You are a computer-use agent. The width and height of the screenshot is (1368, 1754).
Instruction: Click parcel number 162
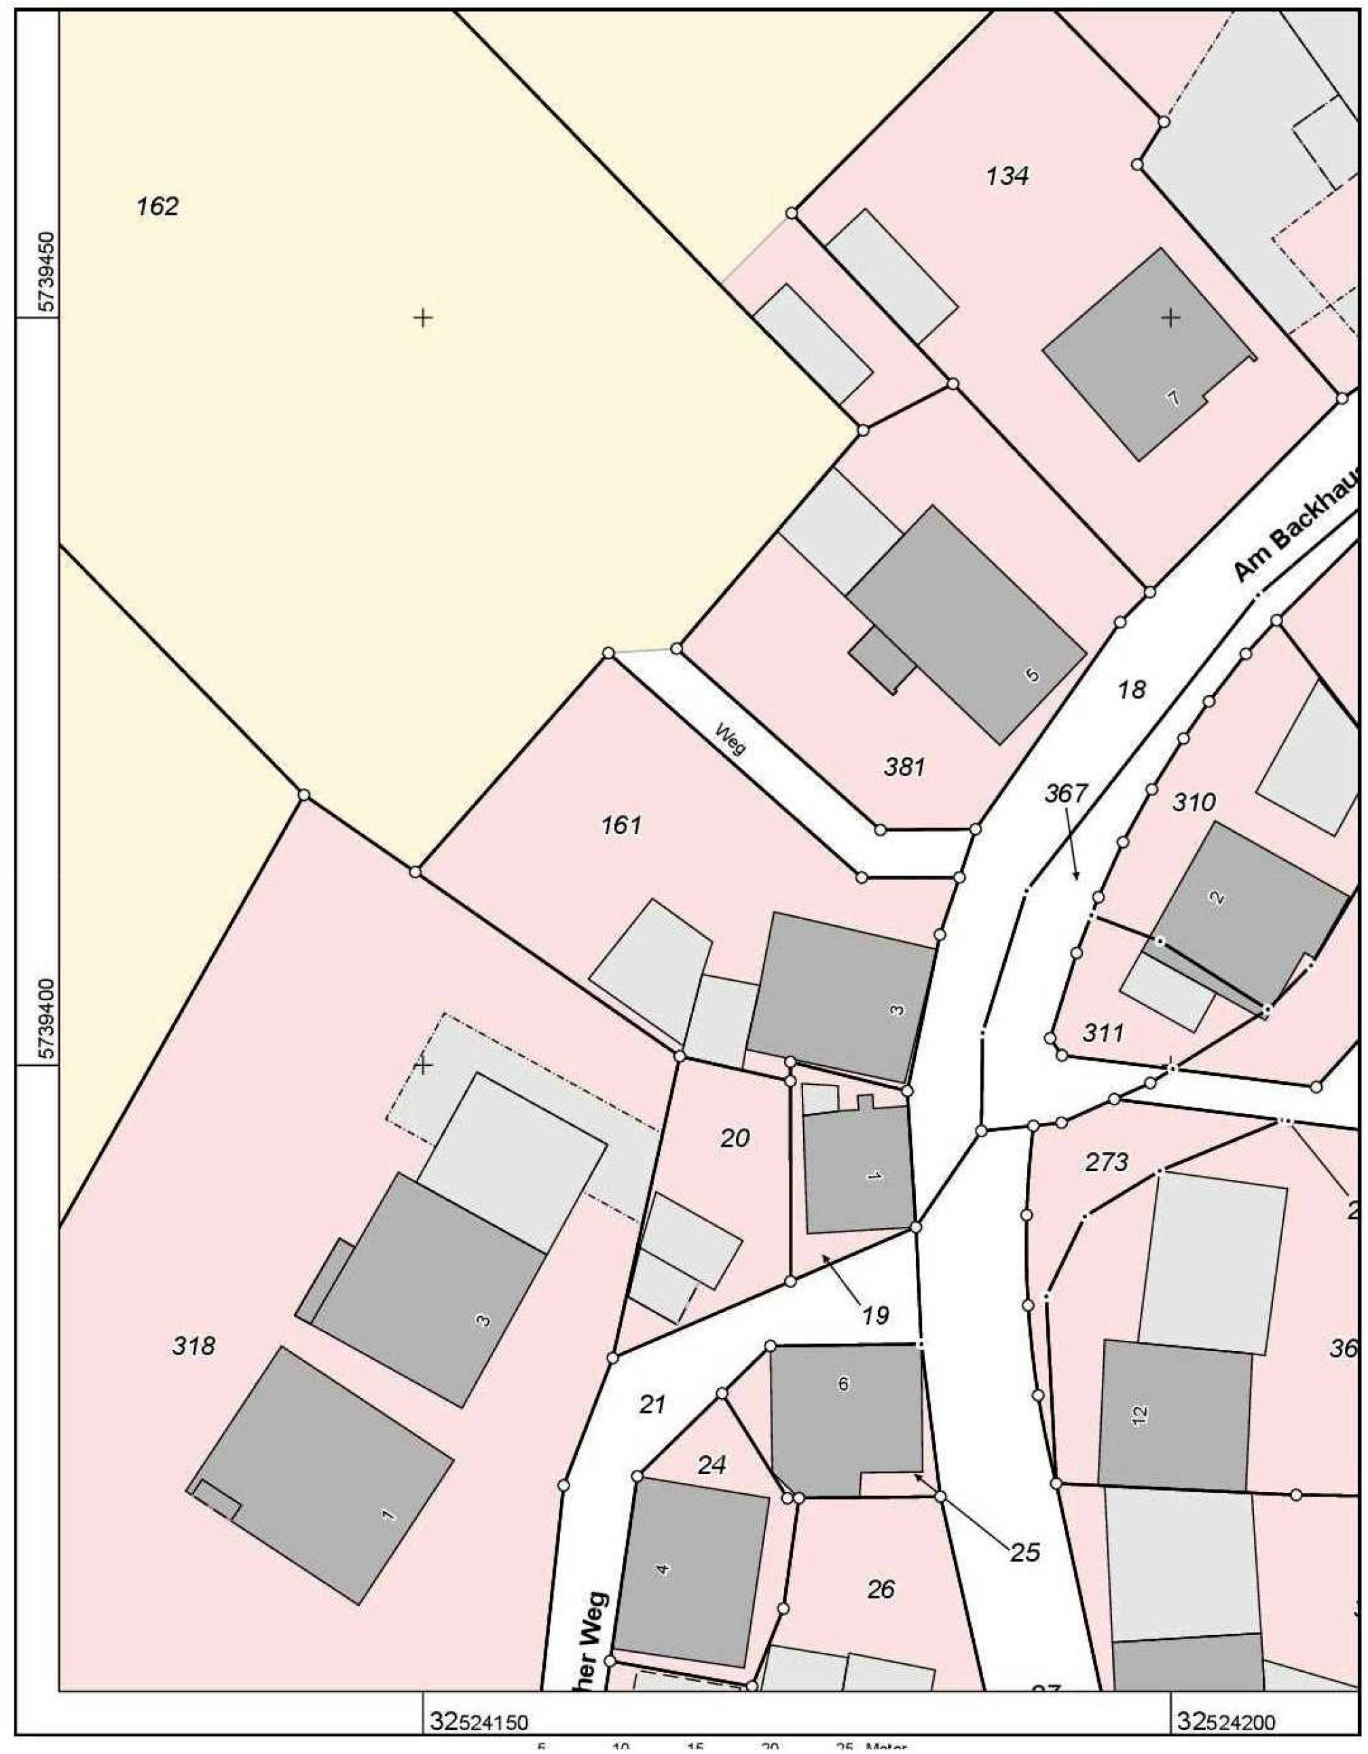pos(158,207)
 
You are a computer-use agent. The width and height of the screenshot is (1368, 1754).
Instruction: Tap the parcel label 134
pos(1007,176)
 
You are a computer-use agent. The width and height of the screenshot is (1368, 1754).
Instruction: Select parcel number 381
pos(904,767)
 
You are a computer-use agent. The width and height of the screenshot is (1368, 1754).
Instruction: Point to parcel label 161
pos(621,825)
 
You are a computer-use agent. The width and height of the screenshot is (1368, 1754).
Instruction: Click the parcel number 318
pos(193,1345)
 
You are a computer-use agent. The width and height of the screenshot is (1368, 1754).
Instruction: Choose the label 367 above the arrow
pos(1065,793)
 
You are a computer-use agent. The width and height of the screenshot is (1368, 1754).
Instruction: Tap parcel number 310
pos(1194,802)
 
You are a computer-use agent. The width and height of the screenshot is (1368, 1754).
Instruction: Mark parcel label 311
pos(1103,1033)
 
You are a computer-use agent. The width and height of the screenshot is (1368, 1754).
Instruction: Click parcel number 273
pos(1107,1162)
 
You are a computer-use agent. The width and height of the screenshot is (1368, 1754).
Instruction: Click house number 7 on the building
pos(1173,397)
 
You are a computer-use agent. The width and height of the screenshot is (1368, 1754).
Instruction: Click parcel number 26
pos(881,1588)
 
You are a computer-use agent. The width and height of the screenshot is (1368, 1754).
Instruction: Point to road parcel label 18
pos(1131,689)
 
